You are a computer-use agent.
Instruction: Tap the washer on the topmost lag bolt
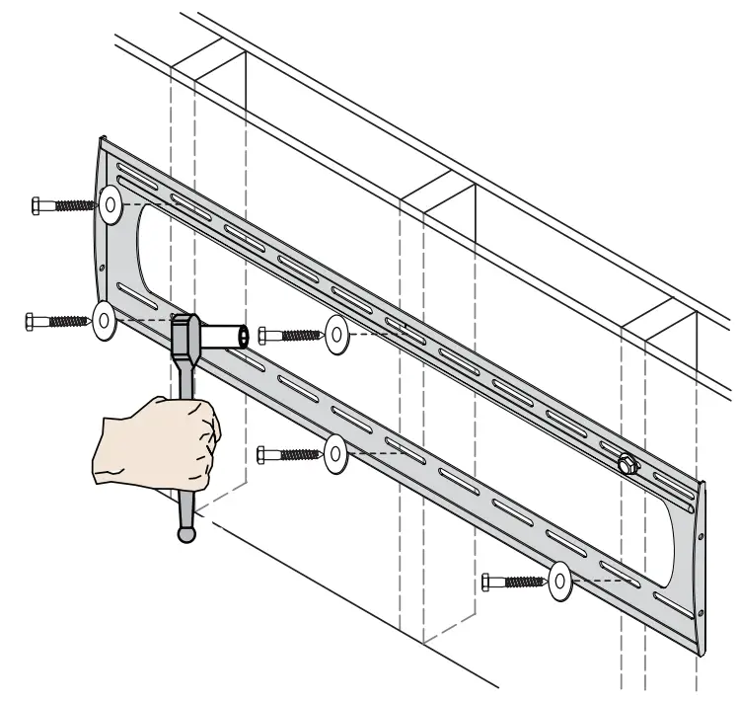click(x=110, y=206)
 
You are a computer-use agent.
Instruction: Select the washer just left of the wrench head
click(x=104, y=323)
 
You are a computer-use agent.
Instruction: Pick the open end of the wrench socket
click(x=241, y=337)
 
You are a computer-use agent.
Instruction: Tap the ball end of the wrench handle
click(x=185, y=533)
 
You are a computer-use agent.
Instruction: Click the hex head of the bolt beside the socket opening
click(x=262, y=336)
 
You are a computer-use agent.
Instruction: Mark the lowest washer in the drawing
click(x=559, y=582)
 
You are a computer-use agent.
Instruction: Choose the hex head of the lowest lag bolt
click(x=487, y=583)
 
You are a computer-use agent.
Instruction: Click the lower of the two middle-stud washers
click(x=334, y=453)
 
